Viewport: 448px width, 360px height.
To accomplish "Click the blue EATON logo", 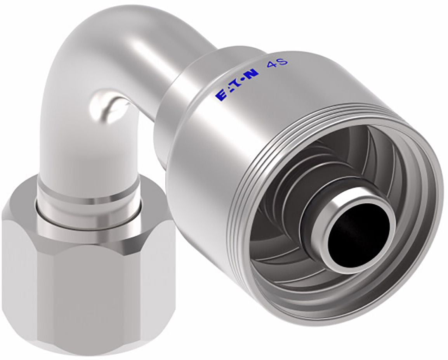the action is pyautogui.click(x=238, y=85).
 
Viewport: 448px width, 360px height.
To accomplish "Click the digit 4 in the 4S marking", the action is pyautogui.click(x=270, y=66).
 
